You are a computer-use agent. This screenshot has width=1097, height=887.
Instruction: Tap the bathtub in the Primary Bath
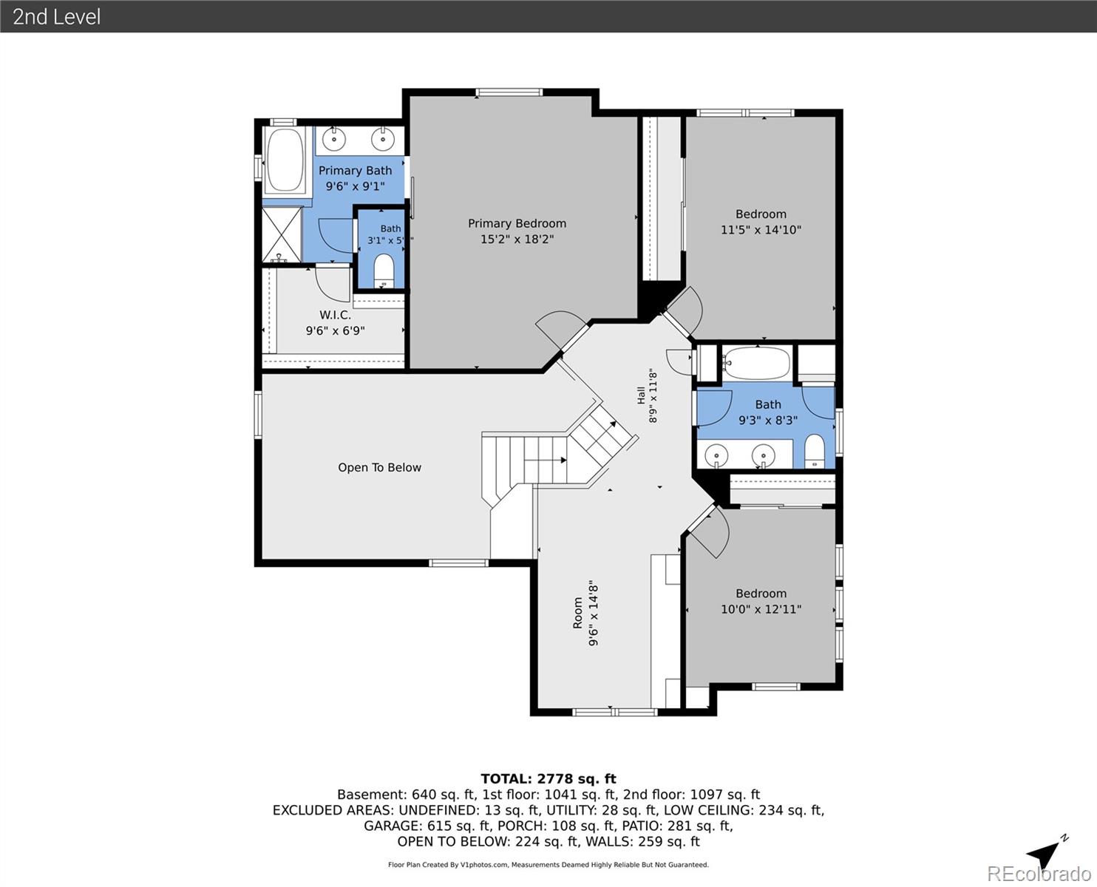285,160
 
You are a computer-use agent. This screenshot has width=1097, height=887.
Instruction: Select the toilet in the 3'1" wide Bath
383,270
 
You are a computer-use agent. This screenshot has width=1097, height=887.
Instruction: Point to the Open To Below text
379,467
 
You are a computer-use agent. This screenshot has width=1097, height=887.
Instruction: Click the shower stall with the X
282,235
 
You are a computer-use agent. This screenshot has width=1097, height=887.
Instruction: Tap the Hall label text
641,395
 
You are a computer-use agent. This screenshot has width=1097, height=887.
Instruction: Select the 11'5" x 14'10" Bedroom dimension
761,230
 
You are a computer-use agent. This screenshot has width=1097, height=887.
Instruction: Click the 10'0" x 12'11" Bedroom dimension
761,609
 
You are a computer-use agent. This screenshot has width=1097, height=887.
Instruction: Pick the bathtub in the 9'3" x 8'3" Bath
756,362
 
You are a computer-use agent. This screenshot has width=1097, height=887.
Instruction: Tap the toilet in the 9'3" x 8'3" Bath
815,452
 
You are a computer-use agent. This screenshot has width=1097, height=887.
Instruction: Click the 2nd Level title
56,17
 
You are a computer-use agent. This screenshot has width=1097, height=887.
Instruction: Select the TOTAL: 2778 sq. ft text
548,778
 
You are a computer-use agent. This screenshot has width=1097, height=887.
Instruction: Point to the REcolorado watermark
1039,874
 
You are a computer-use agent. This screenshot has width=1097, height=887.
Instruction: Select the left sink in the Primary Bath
334,139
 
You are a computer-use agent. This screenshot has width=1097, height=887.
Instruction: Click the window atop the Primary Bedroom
509,92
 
